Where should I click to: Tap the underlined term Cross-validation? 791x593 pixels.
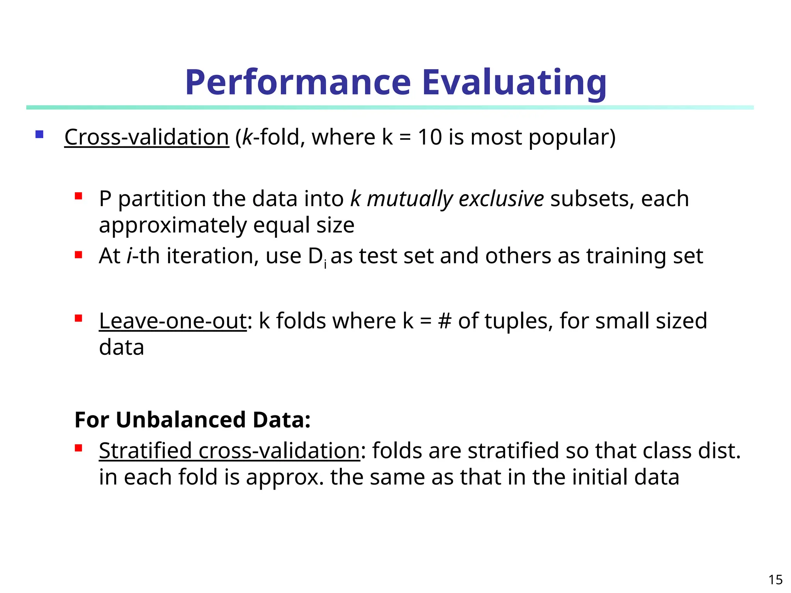[146, 137]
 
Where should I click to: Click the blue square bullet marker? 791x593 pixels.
[39, 134]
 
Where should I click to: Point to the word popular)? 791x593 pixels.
[572, 138]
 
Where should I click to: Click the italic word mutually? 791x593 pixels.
[409, 199]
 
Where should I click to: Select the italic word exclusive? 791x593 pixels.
[501, 199]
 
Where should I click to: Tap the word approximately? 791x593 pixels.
[173, 226]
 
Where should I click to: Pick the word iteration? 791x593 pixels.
[212, 256]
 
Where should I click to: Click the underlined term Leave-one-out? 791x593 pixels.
[173, 321]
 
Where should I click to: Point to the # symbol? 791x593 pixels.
[445, 321]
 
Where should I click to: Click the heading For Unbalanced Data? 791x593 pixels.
[192, 420]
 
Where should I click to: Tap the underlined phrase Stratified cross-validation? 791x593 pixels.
[229, 451]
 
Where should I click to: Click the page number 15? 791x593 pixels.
[775, 579]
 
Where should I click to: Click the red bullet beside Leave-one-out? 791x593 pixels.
[79, 319]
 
